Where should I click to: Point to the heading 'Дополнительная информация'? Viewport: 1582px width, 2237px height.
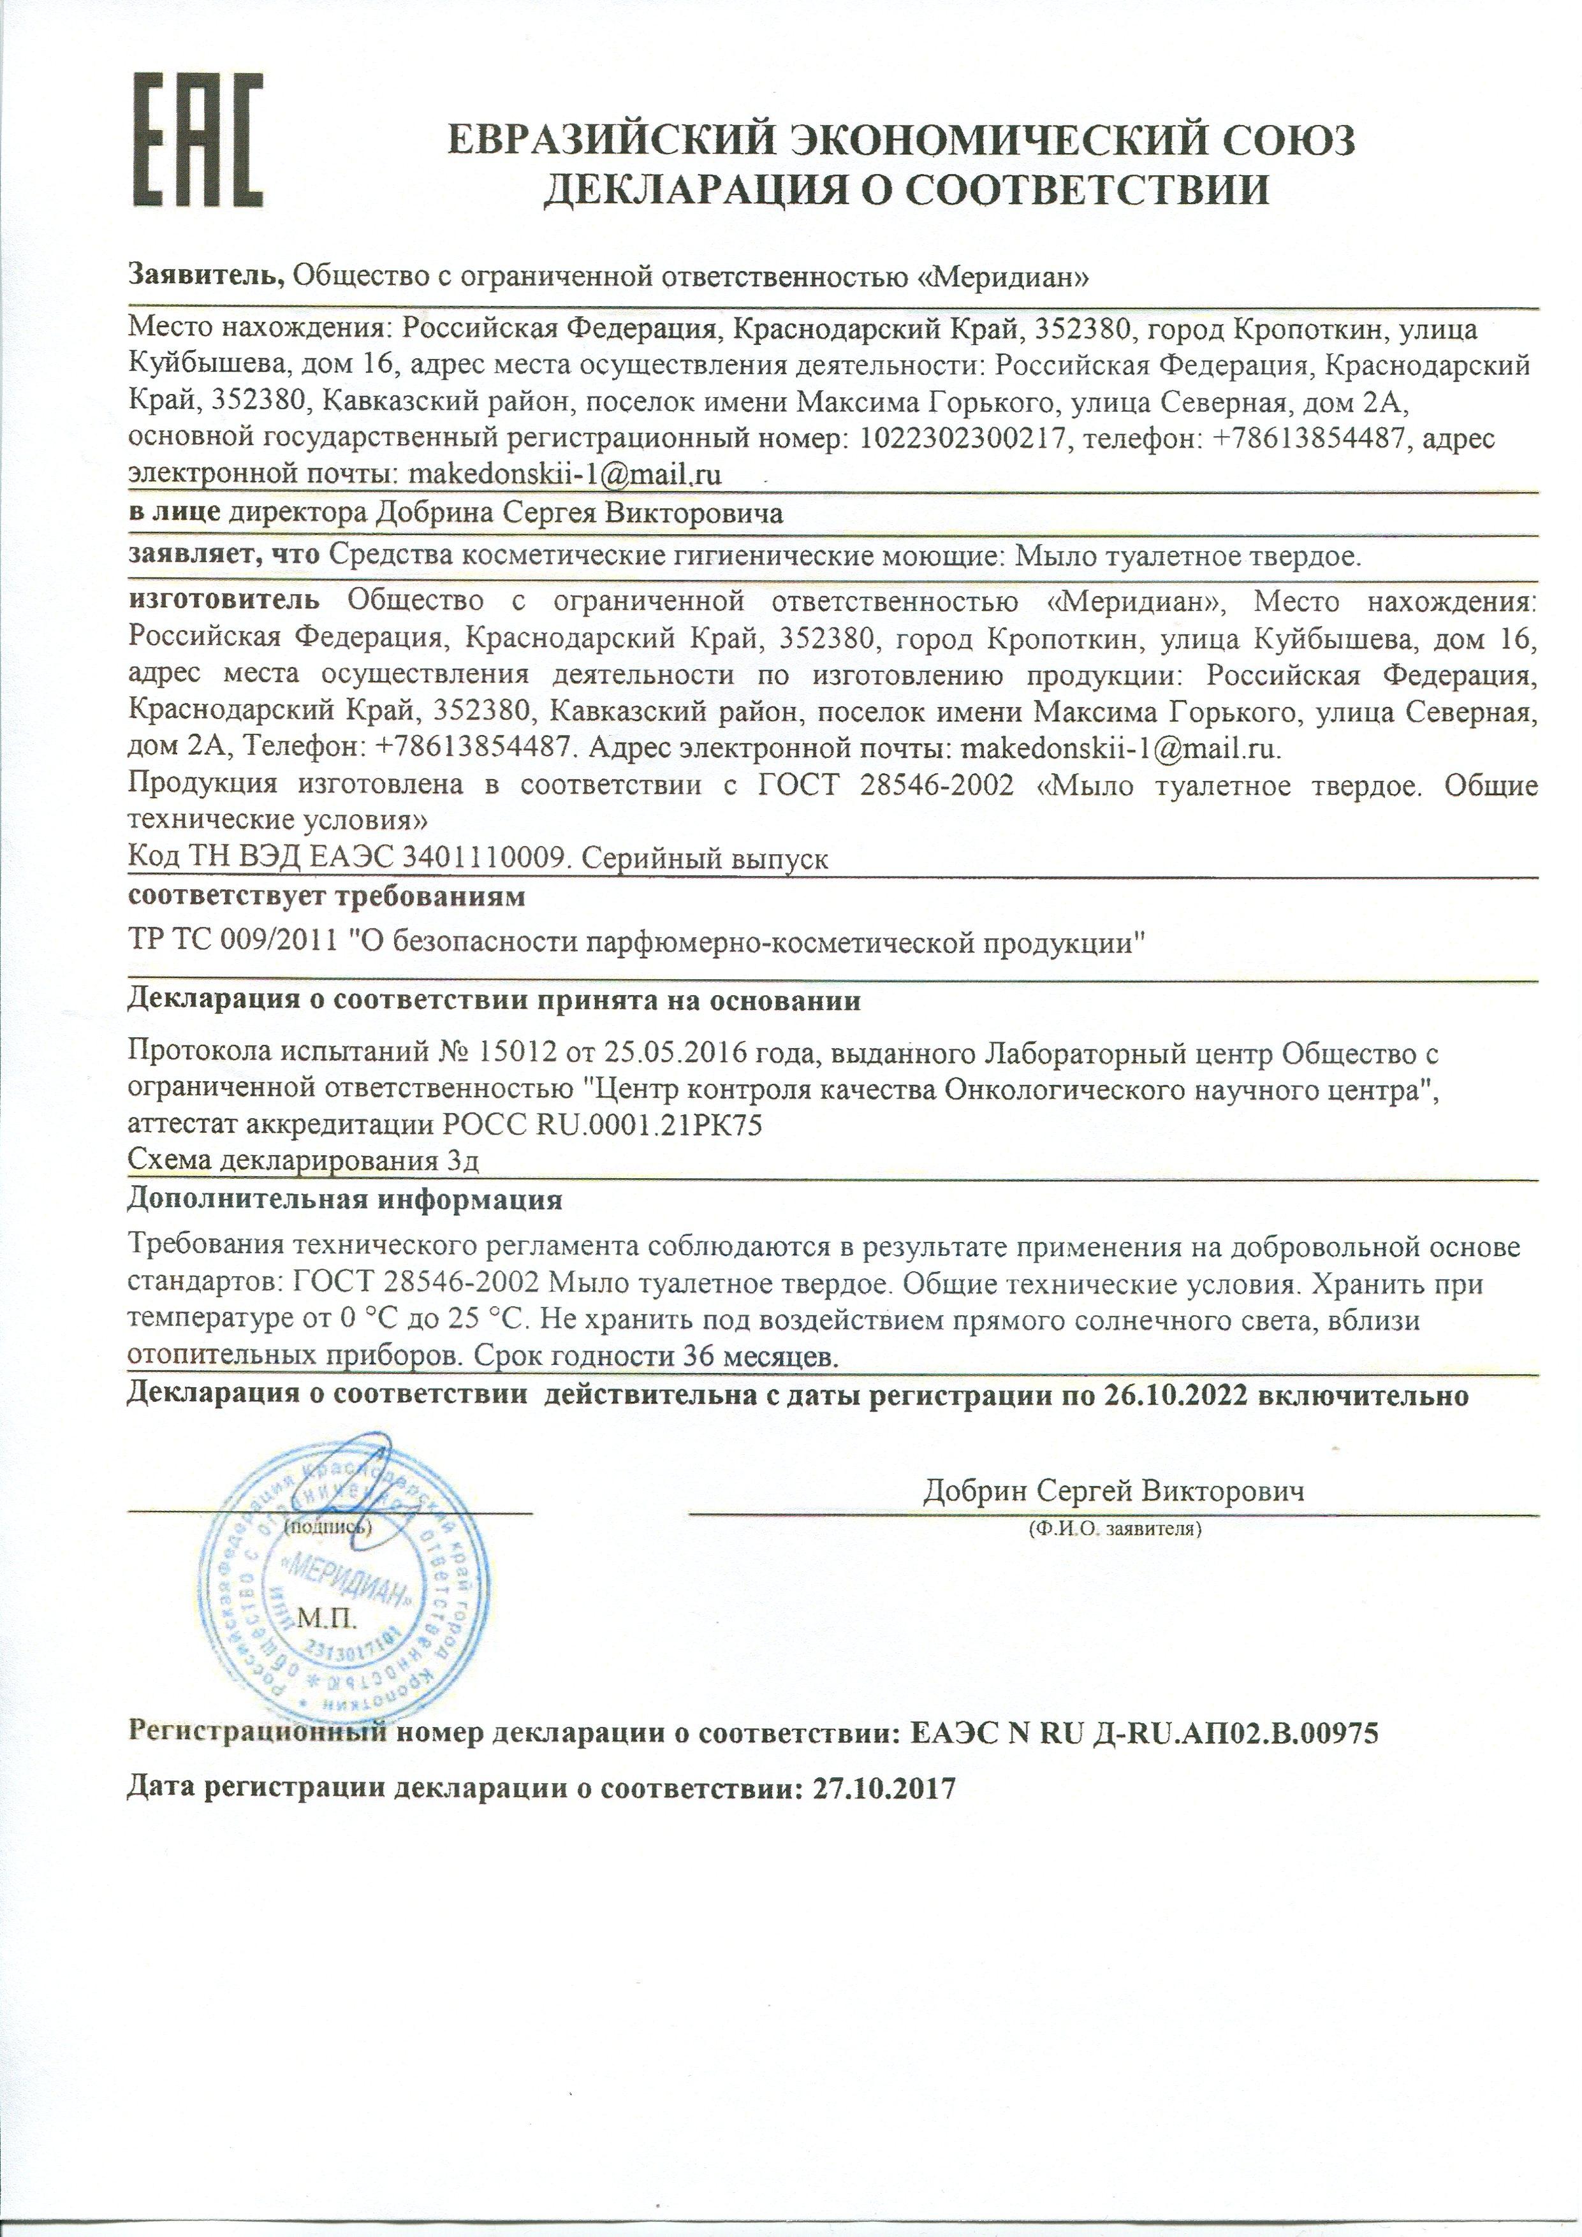click(345, 1199)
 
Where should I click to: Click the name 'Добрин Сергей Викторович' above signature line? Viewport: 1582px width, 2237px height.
click(1113, 1490)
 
